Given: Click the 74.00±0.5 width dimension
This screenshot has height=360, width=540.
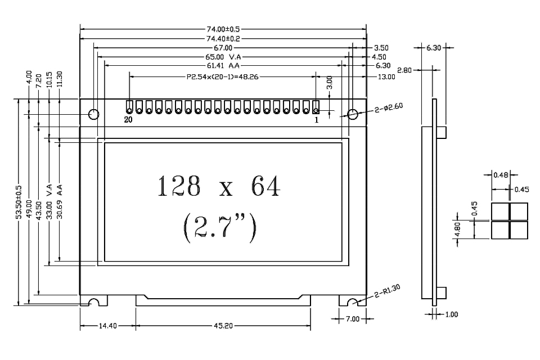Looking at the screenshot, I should coord(223,29).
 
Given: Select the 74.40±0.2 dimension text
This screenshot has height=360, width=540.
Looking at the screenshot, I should coord(223,39).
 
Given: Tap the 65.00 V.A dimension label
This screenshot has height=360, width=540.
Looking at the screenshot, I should coord(224,57).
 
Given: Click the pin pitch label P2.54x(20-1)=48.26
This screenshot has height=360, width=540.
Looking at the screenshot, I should coord(223,76).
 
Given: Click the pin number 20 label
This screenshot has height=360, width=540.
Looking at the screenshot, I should coord(128,120).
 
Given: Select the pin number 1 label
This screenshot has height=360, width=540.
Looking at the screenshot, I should coord(316,120).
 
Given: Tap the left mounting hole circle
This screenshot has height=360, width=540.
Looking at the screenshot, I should coord(94,114).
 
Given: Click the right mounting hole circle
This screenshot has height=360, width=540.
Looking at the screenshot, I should coord(353,114).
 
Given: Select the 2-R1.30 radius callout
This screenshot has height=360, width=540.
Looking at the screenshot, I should coord(388,291).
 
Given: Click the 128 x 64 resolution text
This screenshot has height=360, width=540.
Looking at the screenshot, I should coord(218,187).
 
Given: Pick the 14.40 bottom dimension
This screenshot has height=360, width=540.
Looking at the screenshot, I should coord(107,326).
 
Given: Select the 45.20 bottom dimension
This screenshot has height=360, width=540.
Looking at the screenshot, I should coord(223,326).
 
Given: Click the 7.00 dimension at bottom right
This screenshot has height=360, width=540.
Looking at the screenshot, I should coord(352,319).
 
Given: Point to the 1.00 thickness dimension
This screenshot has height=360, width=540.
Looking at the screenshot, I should coord(451,314).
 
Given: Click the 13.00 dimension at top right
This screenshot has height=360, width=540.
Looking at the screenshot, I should coord(386,76).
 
